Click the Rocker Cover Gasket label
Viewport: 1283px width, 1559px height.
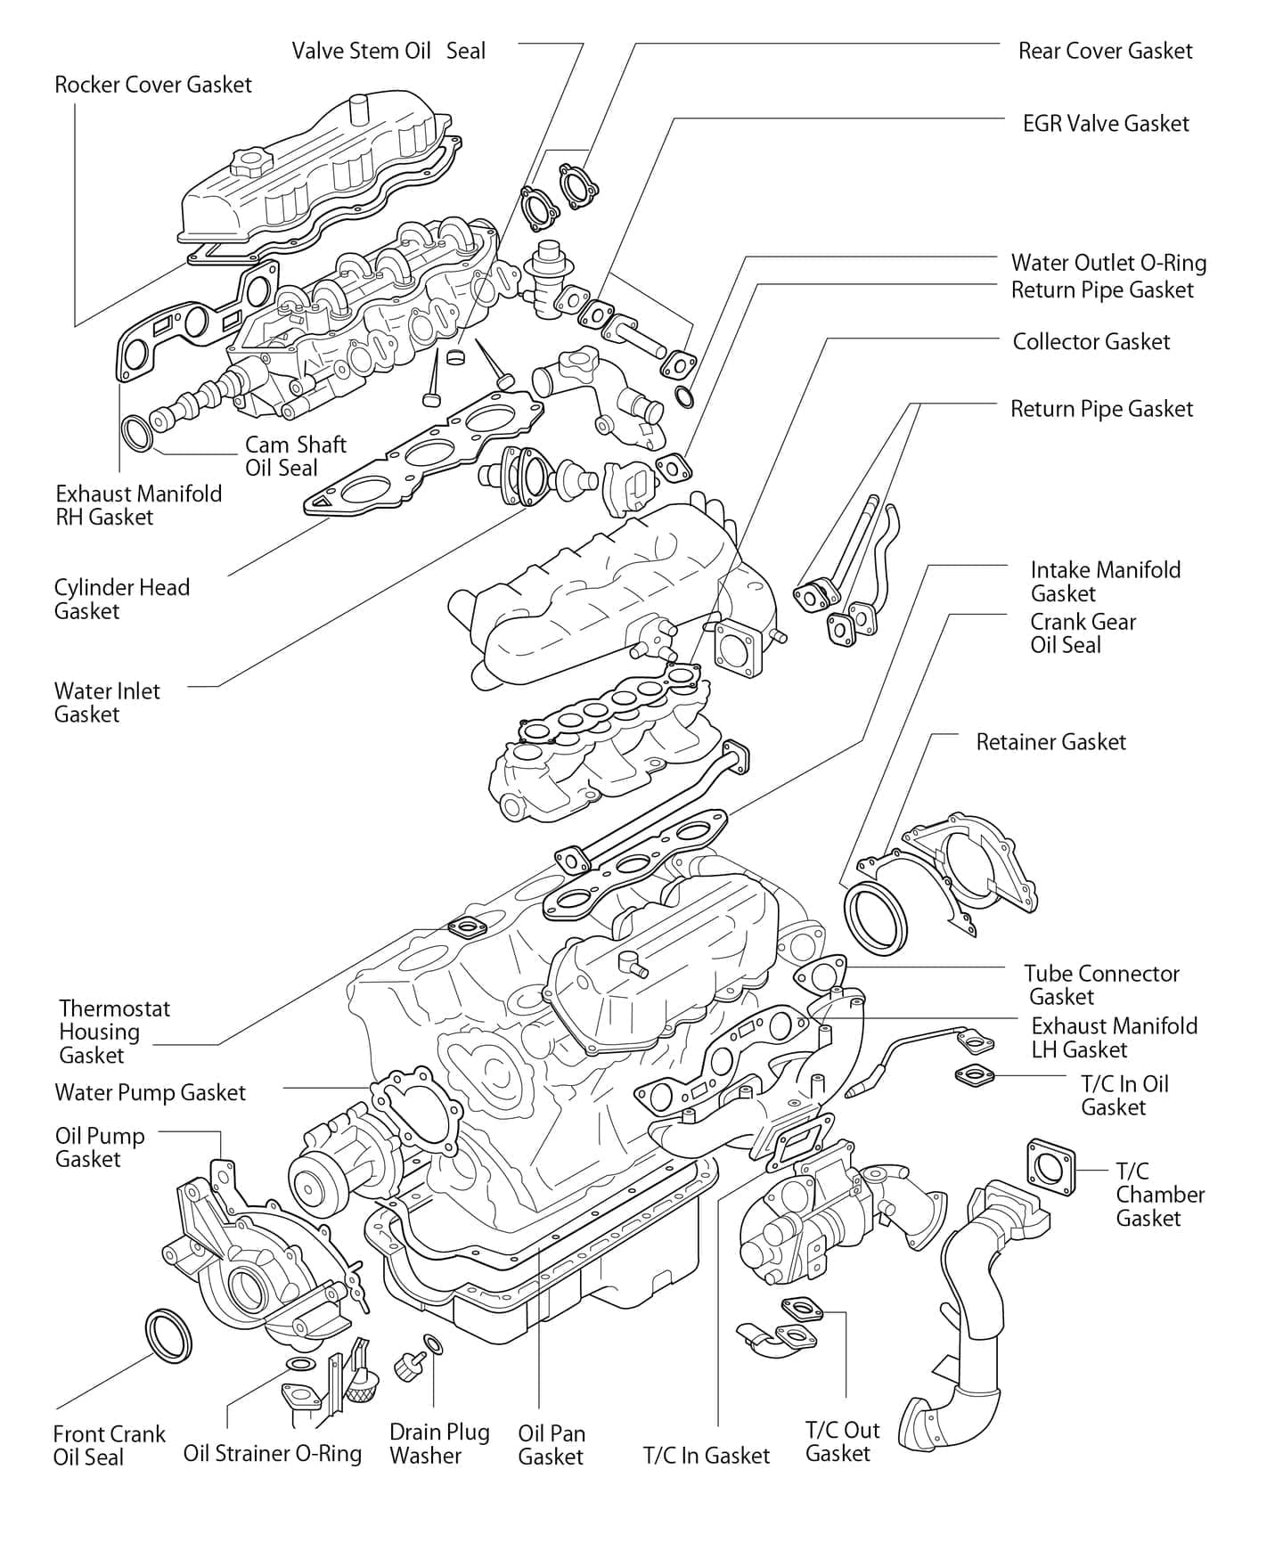pyautogui.click(x=153, y=85)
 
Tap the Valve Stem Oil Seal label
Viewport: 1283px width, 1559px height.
pyautogui.click(x=388, y=51)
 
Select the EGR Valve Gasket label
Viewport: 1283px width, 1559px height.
pyautogui.click(x=1106, y=123)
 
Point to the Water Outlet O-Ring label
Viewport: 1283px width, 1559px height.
pyautogui.click(x=1108, y=263)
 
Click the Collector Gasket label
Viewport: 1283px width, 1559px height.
pyautogui.click(x=1091, y=341)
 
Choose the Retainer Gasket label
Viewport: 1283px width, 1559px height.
pyautogui.click(x=1050, y=742)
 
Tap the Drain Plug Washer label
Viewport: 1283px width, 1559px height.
pyautogui.click(x=439, y=1444)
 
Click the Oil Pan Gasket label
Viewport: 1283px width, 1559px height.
pyautogui.click(x=552, y=1445)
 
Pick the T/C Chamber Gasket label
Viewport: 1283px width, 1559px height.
pyautogui.click(x=1159, y=1195)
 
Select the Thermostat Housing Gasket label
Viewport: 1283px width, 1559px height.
pyautogui.click(x=114, y=1032)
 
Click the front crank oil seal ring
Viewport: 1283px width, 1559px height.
pyautogui.click(x=168, y=1336)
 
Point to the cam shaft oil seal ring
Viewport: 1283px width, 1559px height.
pyautogui.click(x=137, y=433)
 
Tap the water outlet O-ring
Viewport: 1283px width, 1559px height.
pyautogui.click(x=683, y=397)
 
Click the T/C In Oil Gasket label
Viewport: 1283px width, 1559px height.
pyautogui.click(x=1124, y=1096)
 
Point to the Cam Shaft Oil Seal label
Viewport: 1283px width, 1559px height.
pyautogui.click(x=295, y=456)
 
